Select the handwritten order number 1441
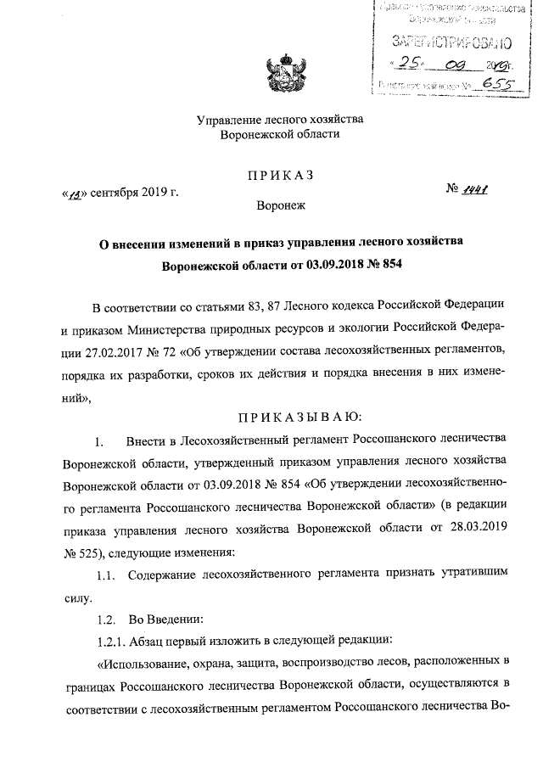click(480, 192)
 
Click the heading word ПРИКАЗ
click(280, 175)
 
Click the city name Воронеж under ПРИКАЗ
click(280, 205)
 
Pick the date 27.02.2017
click(98, 350)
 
